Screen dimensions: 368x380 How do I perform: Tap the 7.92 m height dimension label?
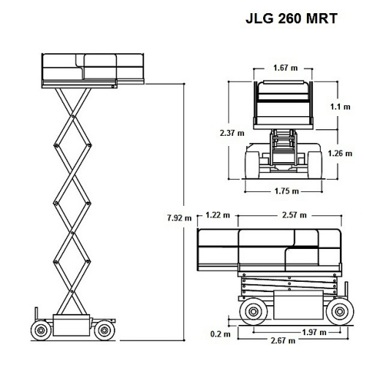[x=178, y=217]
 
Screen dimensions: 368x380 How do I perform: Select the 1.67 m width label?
[x=285, y=68]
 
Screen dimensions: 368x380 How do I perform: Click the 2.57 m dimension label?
[x=294, y=215]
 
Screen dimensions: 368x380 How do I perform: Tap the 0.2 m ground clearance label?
[x=216, y=334]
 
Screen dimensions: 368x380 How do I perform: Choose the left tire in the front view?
[x=250, y=159]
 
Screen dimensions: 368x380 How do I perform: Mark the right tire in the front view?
[x=316, y=159]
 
